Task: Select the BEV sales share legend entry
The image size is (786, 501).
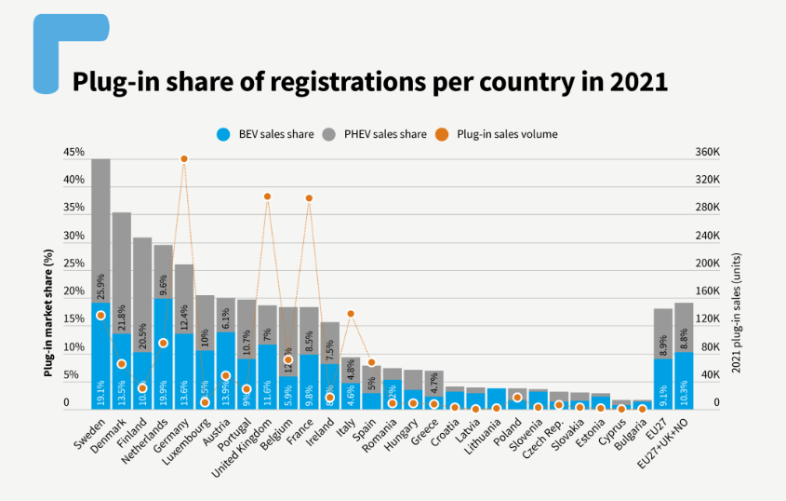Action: click(264, 134)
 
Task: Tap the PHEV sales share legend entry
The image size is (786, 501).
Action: click(376, 134)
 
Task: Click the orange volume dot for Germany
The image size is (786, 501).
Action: click(184, 159)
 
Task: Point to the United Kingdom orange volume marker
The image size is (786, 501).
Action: click(267, 196)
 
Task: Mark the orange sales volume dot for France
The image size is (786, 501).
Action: click(309, 198)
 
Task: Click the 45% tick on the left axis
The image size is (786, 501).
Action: click(73, 152)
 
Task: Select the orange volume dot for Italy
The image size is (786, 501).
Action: click(351, 314)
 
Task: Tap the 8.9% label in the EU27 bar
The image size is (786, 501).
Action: click(663, 345)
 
